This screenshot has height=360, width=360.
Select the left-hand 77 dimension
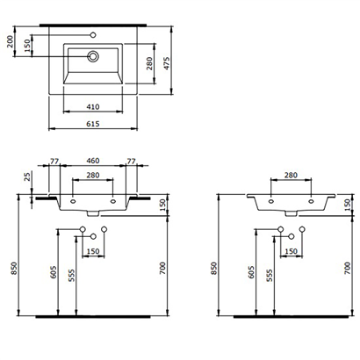[54, 162]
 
